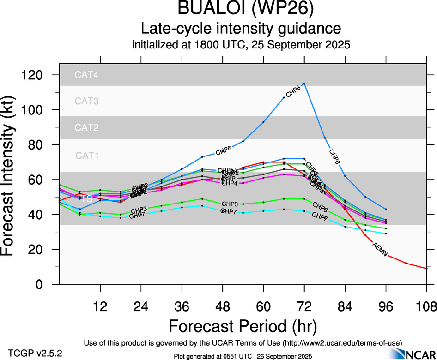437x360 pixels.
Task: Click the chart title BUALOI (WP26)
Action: click(x=241, y=9)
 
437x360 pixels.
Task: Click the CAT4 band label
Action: click(x=86, y=75)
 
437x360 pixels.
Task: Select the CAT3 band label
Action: click(x=86, y=101)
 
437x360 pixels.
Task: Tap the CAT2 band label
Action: click(x=86, y=127)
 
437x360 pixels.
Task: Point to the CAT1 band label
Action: click(x=86, y=156)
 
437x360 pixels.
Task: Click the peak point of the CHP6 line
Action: click(x=304, y=84)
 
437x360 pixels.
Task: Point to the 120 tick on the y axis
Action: click(x=41, y=75)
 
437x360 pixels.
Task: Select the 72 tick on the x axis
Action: click(x=304, y=306)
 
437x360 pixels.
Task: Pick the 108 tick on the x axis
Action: click(x=426, y=306)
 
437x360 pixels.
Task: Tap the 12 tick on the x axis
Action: click(x=100, y=306)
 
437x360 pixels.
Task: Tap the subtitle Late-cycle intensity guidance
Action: click(x=241, y=29)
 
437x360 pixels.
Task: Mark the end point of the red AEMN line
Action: click(x=426, y=268)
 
